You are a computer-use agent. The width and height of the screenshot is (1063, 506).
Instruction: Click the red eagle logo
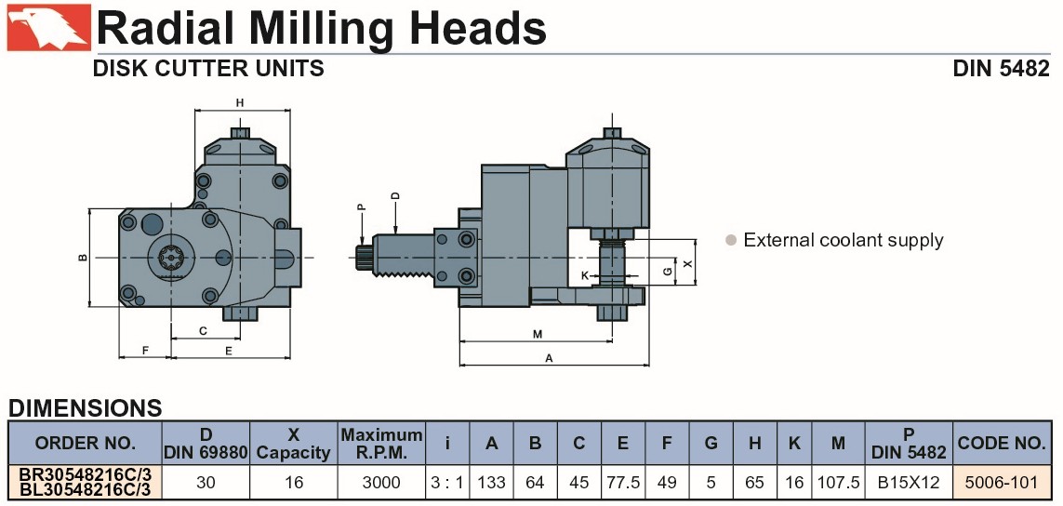[48, 27]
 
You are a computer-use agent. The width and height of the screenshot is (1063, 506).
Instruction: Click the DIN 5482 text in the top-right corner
[1001, 69]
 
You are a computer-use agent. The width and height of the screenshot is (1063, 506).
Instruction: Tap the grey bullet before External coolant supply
[730, 240]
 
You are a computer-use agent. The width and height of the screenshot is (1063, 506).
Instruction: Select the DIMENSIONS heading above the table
[86, 407]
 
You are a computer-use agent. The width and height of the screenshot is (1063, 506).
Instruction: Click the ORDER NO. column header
[85, 443]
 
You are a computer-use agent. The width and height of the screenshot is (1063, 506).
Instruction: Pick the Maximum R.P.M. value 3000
[381, 483]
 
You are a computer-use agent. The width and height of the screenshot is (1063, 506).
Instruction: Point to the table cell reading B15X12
[909, 483]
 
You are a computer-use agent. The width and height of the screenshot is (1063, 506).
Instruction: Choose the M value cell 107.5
[838, 483]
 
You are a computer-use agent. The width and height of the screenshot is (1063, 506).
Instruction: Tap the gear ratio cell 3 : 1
[446, 483]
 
